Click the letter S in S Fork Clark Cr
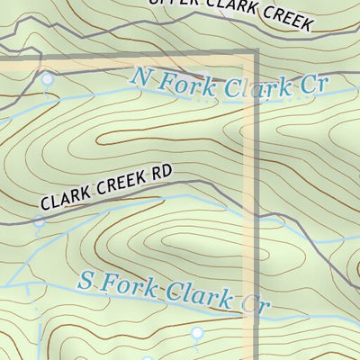click(86, 279)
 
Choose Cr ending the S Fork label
click(254, 301)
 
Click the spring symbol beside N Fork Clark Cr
click(47, 80)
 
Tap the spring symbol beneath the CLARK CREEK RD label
click(39, 222)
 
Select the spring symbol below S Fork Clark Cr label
click(196, 334)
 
